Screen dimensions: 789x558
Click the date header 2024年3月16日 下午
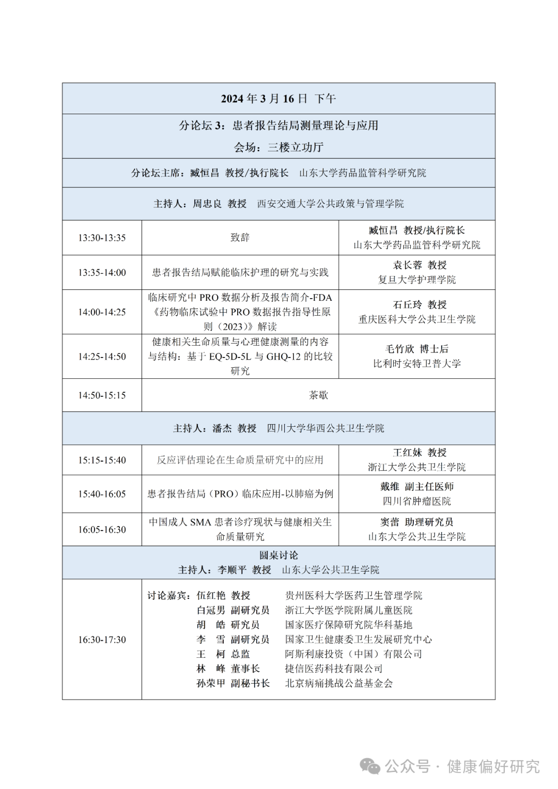[278, 98]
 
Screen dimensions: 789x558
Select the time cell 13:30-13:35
[102, 238]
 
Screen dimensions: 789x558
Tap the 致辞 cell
[240, 238]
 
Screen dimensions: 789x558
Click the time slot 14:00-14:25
[102, 312]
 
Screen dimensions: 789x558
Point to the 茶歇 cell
[318, 395]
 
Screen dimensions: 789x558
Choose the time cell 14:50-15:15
[102, 395]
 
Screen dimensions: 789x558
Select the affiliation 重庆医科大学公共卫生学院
[417, 319]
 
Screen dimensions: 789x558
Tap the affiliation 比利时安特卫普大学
[417, 364]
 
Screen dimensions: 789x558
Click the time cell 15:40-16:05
[102, 494]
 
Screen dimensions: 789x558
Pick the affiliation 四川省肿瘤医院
[417, 501]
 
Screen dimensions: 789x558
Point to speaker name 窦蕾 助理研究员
[417, 522]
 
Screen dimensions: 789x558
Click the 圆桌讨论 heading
[278, 555]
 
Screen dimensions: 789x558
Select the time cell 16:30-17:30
[102, 640]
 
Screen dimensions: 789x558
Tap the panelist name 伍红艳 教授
[223, 596]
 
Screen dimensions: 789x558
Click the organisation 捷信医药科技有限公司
[334, 669]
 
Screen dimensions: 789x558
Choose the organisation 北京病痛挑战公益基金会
[339, 683]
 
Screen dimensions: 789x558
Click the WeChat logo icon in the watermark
[370, 766]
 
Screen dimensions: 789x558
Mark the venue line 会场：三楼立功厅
[278, 147]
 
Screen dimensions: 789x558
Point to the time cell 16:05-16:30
[102, 530]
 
